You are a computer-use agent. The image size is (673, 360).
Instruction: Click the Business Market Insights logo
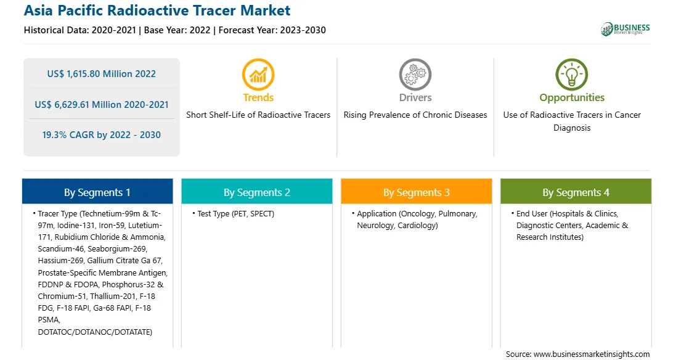coord(625,29)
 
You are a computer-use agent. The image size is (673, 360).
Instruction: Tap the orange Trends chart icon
coord(258,75)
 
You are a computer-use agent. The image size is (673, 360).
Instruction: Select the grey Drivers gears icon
coord(415,75)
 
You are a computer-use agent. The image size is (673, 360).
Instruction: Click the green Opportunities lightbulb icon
coord(572,75)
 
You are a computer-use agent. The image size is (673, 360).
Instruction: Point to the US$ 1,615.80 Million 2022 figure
coord(101,74)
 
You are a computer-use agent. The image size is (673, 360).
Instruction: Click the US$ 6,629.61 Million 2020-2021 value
coord(101,105)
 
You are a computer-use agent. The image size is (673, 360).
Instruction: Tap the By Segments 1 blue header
coord(97,191)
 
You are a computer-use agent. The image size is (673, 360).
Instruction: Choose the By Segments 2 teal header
coord(256,191)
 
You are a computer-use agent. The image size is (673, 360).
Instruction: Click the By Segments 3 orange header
coord(417,191)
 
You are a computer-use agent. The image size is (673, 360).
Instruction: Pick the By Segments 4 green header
coord(576,191)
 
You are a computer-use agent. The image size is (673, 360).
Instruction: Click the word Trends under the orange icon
coord(258,97)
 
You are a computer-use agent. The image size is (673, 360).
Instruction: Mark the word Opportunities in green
coord(572,98)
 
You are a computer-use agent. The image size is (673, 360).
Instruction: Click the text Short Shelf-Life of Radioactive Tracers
coord(258,115)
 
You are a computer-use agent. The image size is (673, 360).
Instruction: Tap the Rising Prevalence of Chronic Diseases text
coord(415,115)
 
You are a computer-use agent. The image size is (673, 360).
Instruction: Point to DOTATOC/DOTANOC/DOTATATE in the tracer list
coord(95,332)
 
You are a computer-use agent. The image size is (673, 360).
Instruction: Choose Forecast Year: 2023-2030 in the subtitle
coord(272,30)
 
